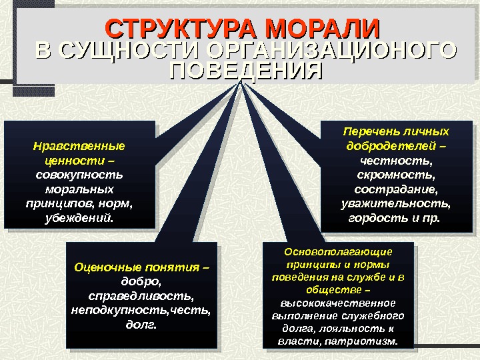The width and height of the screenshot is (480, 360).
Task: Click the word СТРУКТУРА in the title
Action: pyautogui.click(x=181, y=29)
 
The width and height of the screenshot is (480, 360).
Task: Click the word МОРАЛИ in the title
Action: pyautogui.click(x=321, y=29)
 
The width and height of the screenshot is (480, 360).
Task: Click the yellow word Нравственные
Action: pyautogui.click(x=79, y=145)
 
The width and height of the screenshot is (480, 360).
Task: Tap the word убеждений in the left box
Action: pyautogui.click(x=77, y=218)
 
